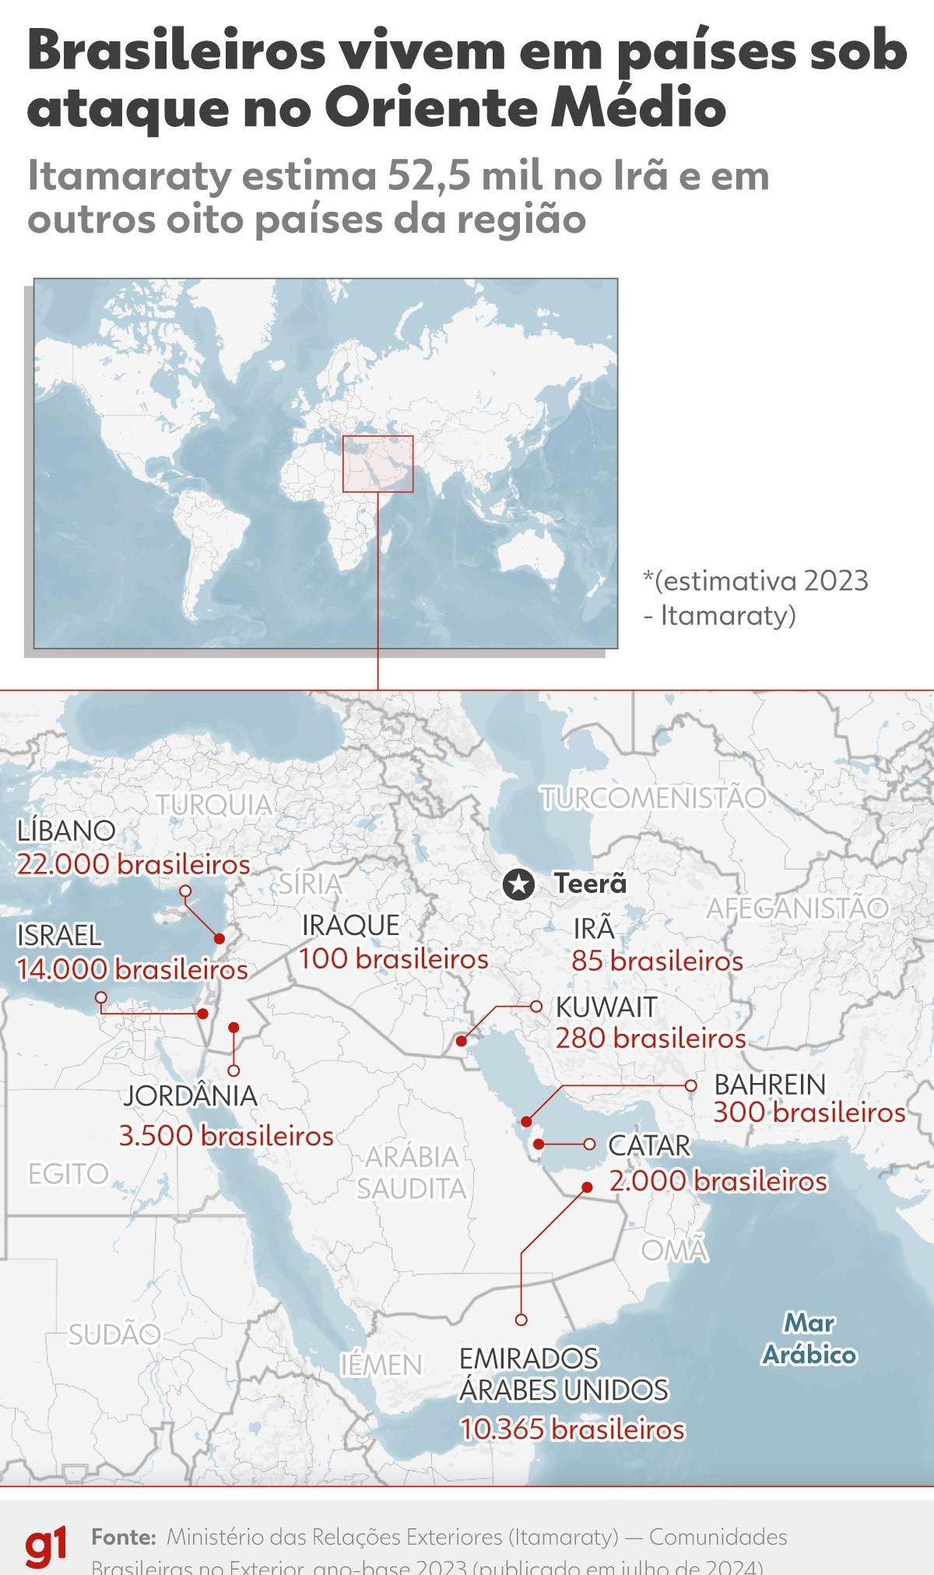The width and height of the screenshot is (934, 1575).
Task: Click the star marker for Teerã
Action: tap(518, 884)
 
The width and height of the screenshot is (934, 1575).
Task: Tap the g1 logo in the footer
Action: tap(46, 1547)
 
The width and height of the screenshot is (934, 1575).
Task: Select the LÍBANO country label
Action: tap(66, 830)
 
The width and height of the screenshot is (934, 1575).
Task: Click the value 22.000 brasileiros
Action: tap(133, 864)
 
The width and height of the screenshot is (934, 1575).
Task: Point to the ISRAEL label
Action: tap(59, 934)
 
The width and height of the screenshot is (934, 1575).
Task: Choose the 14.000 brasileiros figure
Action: tap(132, 969)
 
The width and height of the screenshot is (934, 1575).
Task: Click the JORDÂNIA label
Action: tap(190, 1095)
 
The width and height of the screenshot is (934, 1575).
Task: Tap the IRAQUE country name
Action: tap(350, 925)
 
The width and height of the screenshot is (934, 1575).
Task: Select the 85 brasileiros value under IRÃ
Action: tap(657, 962)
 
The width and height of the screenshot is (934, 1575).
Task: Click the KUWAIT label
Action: tap(606, 1007)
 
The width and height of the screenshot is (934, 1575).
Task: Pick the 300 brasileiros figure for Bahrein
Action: tap(809, 1113)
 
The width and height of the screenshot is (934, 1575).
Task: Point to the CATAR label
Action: tap(649, 1145)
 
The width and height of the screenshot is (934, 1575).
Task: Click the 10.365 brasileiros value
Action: tap(572, 1429)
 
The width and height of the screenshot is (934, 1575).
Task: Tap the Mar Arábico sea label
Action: tap(809, 1339)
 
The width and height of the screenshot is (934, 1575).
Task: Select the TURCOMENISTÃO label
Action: tap(654, 798)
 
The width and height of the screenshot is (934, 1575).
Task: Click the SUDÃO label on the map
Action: tap(114, 1334)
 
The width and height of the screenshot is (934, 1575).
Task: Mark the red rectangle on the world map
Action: tap(377, 463)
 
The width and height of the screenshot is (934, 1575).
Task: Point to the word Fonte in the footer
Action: tap(124, 1538)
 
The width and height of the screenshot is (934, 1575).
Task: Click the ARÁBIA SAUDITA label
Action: tap(412, 1172)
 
